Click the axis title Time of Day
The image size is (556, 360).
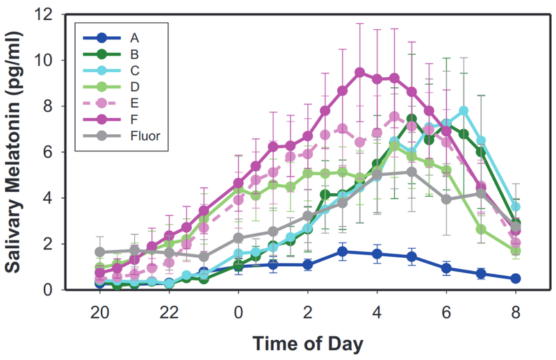(x=307, y=343)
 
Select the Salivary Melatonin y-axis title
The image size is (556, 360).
(x=17, y=152)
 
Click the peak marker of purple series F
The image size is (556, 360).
(x=359, y=72)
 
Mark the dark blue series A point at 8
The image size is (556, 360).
(x=514, y=278)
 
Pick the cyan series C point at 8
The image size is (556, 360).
(x=515, y=206)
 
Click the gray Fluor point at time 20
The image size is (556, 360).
(x=100, y=252)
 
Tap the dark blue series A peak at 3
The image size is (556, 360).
(x=342, y=252)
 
